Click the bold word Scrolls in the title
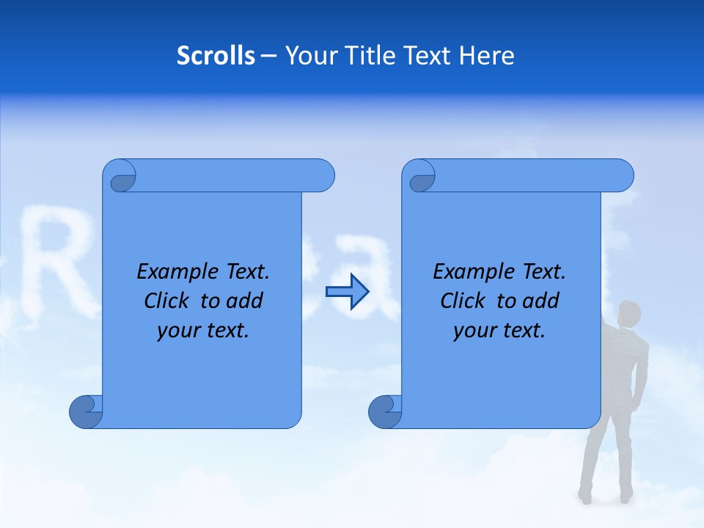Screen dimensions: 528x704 (x=216, y=56)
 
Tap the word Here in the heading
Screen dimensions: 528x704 (x=486, y=56)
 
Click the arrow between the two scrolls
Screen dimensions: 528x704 (x=347, y=291)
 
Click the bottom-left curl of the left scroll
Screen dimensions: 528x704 (x=86, y=411)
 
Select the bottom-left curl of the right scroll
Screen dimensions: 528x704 (x=385, y=411)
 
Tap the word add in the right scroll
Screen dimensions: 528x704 (x=541, y=301)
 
